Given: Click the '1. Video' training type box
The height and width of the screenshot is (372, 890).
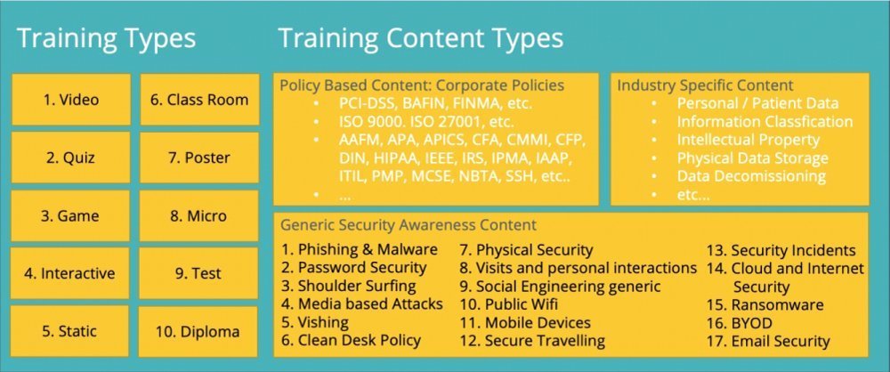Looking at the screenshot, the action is click(71, 100).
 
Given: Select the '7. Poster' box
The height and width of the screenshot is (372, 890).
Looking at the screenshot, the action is click(199, 158).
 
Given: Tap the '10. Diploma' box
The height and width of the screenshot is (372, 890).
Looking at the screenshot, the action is click(198, 332).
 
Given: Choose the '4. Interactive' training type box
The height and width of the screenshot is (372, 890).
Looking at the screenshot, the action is click(69, 273).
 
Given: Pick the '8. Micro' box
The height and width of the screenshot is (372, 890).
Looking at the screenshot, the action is click(198, 216).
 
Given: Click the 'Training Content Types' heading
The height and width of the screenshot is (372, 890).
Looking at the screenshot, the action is click(421, 38).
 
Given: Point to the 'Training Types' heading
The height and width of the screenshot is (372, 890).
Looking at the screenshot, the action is click(107, 38).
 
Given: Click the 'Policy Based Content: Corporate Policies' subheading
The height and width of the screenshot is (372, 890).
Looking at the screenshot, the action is click(422, 85).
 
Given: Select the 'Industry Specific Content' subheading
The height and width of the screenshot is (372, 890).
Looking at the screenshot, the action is click(705, 85).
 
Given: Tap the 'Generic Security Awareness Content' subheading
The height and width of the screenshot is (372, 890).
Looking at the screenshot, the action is click(409, 225).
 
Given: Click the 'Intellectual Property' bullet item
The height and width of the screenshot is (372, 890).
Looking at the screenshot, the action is click(748, 140).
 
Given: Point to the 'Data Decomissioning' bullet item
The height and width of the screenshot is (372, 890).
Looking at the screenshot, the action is click(751, 175).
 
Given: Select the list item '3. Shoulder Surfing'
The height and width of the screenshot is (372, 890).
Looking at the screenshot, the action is click(349, 286).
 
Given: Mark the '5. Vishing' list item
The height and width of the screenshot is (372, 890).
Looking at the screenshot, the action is click(315, 322).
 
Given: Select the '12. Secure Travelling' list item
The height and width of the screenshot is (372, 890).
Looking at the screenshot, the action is click(532, 341).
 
